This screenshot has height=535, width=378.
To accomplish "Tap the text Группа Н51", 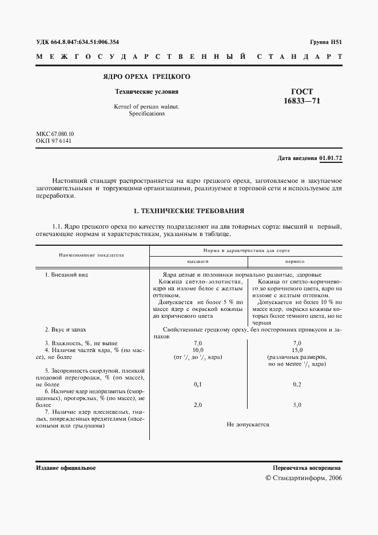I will pyautogui.click(x=325, y=42).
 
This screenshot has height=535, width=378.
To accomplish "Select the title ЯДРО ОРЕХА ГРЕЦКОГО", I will pyautogui.click(x=146, y=77).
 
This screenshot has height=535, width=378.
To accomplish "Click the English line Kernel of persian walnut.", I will pyautogui.click(x=146, y=106).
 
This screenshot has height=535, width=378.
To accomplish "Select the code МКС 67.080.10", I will pyautogui.click(x=55, y=134).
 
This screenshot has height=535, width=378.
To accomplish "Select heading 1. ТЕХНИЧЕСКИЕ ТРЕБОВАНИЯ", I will pyautogui.click(x=189, y=210).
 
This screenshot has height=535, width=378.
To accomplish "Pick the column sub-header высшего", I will pyautogui.click(x=197, y=261).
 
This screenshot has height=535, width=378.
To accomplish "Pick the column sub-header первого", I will pyautogui.click(x=295, y=261).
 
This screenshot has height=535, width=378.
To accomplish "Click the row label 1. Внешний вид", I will pyautogui.click(x=66, y=275).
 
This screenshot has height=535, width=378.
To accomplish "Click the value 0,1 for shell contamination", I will pyautogui.click(x=198, y=385).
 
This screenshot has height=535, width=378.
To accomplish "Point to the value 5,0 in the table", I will pyautogui.click(x=296, y=405).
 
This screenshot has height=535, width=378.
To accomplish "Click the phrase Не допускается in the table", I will pyautogui.click(x=247, y=425).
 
